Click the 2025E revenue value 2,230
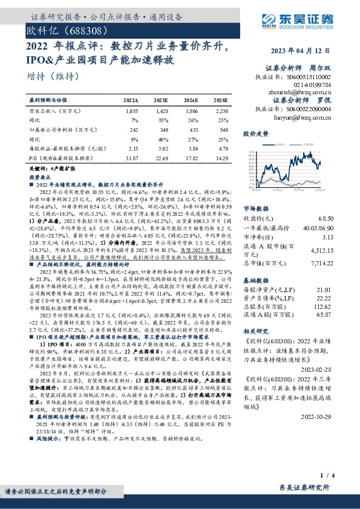coord(221,112)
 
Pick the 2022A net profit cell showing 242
coord(131,130)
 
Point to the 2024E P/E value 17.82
coord(191,158)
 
